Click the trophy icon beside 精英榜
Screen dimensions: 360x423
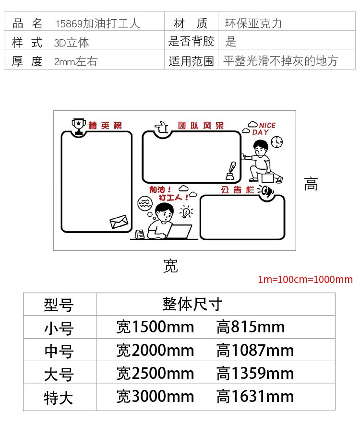tap(79, 126)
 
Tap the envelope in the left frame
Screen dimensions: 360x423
tap(119, 222)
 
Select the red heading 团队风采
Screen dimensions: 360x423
tap(201, 126)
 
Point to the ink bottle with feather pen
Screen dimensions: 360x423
tap(231, 171)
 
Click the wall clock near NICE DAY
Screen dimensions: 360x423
tap(277, 142)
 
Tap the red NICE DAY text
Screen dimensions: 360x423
tap(264, 129)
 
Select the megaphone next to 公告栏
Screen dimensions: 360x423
tap(266, 191)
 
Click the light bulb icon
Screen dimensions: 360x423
tap(186, 211)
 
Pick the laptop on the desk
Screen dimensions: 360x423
tap(179, 232)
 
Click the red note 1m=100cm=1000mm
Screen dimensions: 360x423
tap(305, 280)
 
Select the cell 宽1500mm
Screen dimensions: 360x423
tap(156, 327)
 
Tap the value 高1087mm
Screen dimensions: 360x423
tap(255, 350)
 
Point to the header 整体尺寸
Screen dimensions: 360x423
tap(192, 304)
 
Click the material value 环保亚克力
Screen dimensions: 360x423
tap(253, 23)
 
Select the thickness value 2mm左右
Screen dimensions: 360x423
tap(76, 61)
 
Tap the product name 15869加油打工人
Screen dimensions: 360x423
tap(98, 23)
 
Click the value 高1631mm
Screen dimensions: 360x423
tap(255, 397)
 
